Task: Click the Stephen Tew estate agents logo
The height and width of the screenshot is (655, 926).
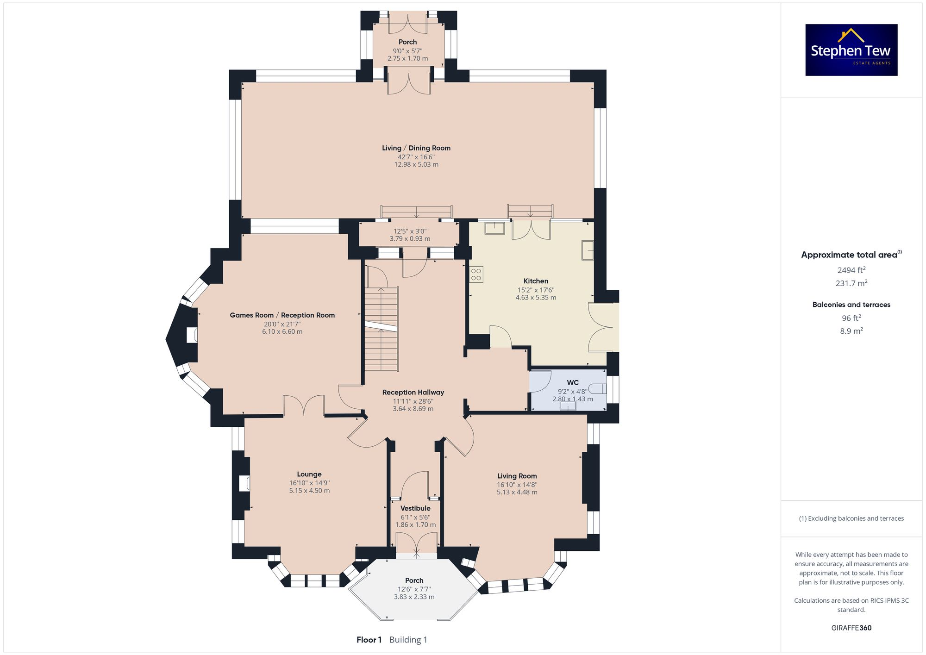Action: coord(851,50)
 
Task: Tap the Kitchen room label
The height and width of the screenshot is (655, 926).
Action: coord(536,281)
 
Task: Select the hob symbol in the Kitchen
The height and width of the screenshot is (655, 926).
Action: coord(476,274)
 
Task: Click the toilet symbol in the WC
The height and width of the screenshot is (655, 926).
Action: coord(598,388)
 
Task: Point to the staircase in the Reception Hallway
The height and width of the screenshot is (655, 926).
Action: coord(382,329)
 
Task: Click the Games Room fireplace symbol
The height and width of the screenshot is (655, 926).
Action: coord(192,335)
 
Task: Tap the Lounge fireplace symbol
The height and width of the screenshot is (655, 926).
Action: coord(245,483)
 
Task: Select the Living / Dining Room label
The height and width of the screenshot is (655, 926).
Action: coord(416,148)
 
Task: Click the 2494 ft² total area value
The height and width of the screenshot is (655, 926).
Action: coord(851,270)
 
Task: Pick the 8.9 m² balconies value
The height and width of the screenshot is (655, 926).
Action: coord(851,331)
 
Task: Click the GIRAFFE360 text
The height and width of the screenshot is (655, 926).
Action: coord(851,628)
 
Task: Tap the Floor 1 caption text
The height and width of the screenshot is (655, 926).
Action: coord(369,640)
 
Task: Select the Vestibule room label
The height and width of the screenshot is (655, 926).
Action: coord(415,508)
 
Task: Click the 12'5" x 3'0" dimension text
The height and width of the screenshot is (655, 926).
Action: coord(410,231)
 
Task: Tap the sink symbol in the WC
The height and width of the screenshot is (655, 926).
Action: coord(568,406)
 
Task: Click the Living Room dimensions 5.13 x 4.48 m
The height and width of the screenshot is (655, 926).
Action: coord(517,492)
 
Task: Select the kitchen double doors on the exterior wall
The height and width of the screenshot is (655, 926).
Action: coord(604,327)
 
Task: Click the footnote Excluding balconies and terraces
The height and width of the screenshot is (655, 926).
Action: coord(851,518)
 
